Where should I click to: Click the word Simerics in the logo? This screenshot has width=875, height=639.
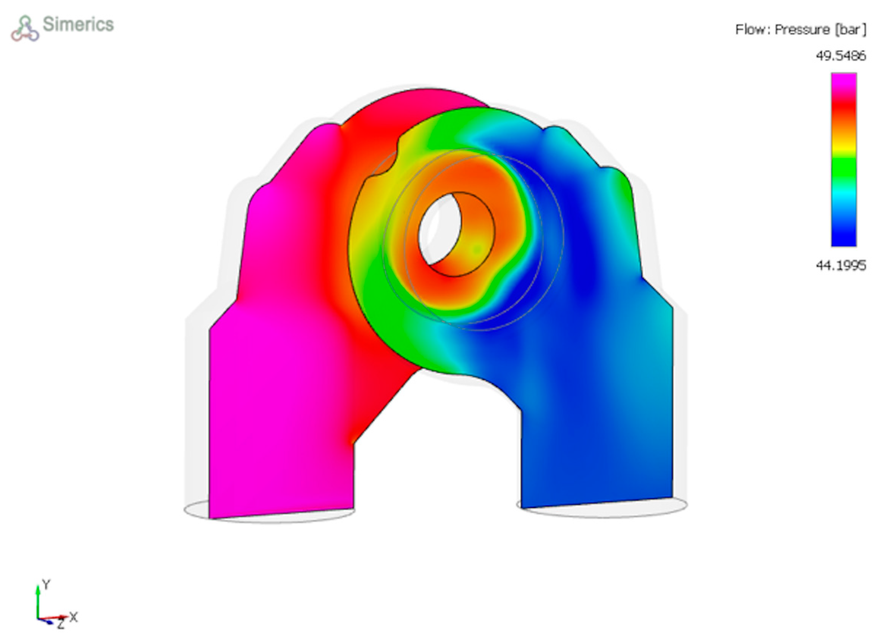pos(78,24)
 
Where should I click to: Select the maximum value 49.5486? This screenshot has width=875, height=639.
pos(840,57)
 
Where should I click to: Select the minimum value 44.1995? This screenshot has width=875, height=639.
pos(840,265)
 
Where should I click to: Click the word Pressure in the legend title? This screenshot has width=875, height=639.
pos(802,30)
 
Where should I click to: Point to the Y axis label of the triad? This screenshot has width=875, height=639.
pos(46,585)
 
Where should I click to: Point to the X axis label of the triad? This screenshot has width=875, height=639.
pos(74,617)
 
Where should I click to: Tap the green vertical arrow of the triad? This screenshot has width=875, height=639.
pos(38,601)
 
